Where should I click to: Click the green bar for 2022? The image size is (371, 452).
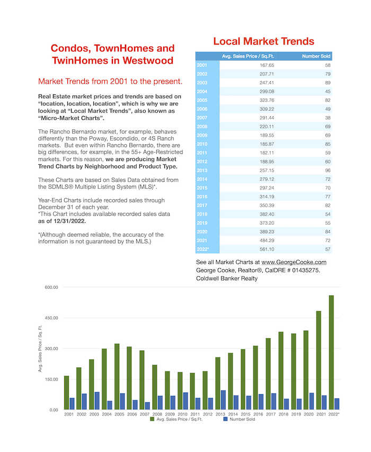point(331,352)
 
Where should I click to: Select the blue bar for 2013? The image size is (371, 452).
point(223,400)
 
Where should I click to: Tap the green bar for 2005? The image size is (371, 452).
point(117,376)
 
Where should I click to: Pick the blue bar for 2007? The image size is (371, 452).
point(147,406)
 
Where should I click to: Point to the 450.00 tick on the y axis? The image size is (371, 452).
point(51,318)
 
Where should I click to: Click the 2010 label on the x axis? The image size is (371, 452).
point(182,414)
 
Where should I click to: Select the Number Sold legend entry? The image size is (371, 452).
point(239,419)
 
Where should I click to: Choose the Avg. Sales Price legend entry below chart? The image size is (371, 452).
point(176,419)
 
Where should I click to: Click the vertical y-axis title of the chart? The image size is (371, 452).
point(40,348)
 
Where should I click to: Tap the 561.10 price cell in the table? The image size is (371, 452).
point(267,249)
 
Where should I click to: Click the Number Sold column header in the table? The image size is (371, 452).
point(316,56)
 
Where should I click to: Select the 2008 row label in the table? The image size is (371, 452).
point(202,127)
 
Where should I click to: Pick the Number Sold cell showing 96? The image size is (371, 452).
point(328,171)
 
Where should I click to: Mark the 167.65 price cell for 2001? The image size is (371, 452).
point(267,65)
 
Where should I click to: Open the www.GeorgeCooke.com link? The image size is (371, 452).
point(294,262)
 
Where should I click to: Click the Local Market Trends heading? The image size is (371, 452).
point(263,41)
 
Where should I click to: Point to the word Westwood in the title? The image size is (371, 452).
point(148,60)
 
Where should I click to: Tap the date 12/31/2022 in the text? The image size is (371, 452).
point(70,221)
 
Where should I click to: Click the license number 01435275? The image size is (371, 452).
point(306,270)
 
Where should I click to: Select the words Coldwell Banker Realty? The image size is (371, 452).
point(227,279)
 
